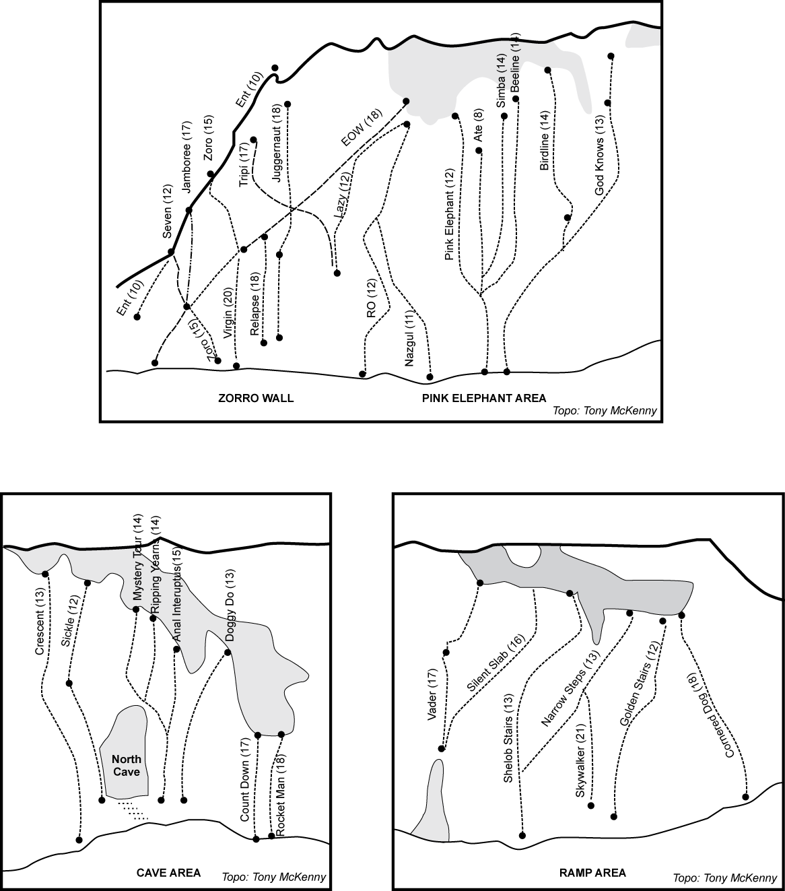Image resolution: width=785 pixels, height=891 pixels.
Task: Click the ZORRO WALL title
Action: [x=256, y=398]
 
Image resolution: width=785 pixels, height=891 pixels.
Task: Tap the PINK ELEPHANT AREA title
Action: [x=484, y=398]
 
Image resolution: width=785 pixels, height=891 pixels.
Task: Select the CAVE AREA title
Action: [x=168, y=873]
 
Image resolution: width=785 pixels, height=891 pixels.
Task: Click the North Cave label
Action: [x=127, y=766]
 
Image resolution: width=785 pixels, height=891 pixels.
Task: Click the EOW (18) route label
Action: [x=361, y=128]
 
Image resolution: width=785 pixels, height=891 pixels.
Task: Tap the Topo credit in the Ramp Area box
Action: [x=724, y=878]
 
